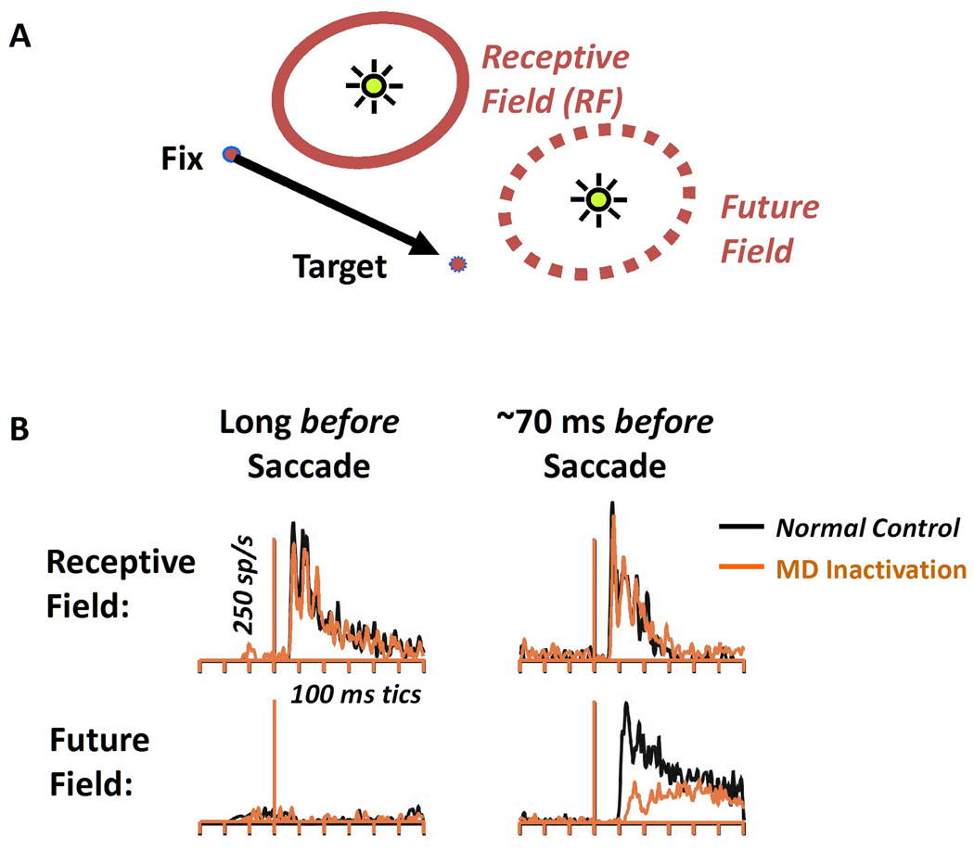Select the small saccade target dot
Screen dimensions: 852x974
456,265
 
